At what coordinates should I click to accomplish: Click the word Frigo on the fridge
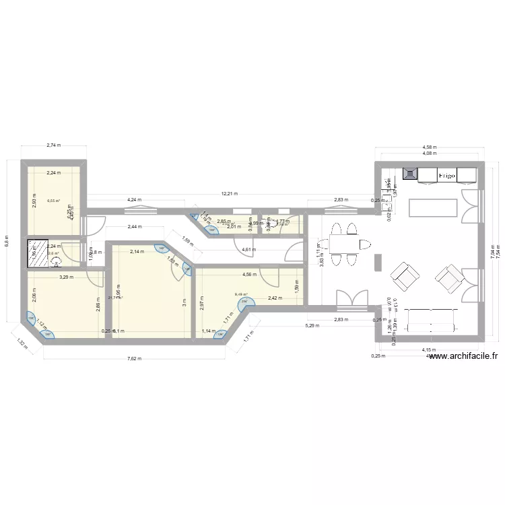(x=447, y=175)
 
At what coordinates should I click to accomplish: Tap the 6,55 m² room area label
(x=53, y=200)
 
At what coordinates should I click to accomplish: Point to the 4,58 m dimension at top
(x=429, y=146)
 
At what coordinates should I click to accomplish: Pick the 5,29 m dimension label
(x=312, y=325)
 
